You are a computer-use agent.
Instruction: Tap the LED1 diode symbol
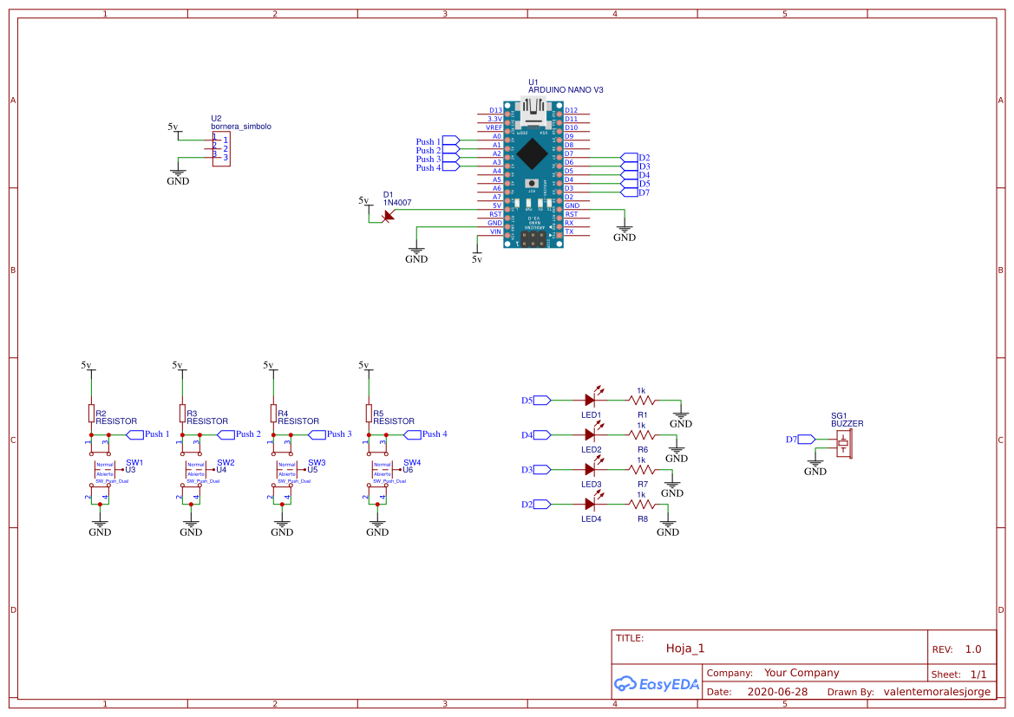[591, 401]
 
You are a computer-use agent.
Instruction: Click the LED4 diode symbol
[591, 504]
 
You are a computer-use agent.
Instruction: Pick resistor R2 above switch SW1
[91, 412]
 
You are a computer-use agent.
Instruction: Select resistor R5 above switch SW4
[369, 412]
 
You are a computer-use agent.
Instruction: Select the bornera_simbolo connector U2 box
[221, 148]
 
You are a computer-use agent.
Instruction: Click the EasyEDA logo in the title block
[656, 683]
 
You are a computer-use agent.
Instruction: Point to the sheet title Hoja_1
[685, 648]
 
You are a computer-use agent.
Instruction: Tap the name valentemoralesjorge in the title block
[935, 692]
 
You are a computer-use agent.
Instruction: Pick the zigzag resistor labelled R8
[642, 504]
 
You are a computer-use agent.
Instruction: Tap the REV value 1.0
[973, 649]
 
